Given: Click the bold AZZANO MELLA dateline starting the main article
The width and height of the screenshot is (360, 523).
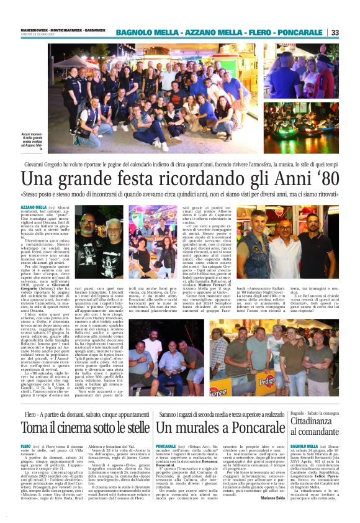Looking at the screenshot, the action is [33, 206].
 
